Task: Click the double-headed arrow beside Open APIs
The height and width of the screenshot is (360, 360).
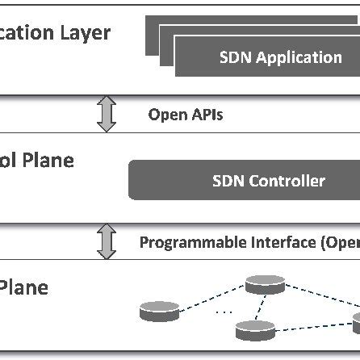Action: [x=107, y=115]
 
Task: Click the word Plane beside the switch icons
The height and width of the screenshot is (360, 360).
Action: [x=24, y=287]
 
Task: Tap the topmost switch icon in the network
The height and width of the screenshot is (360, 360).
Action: [x=266, y=284]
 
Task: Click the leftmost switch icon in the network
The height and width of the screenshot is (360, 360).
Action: [x=157, y=311]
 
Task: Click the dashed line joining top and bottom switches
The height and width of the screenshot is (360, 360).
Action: [x=261, y=307]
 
